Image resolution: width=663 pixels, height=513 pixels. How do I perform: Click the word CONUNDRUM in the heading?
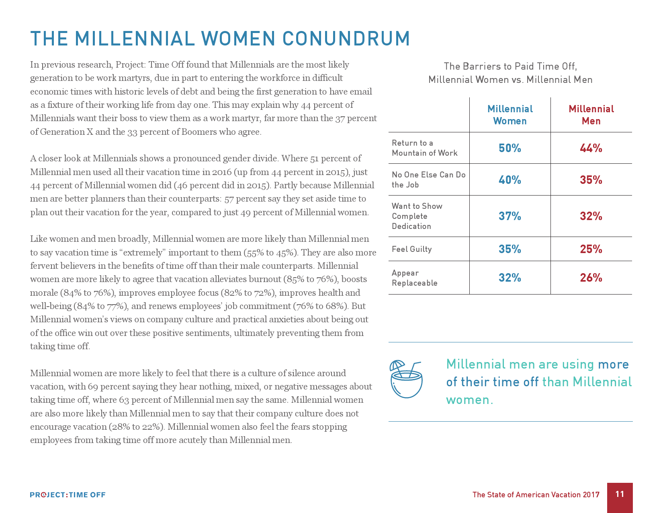pos(346,39)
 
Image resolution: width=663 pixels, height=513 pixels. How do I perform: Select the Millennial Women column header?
pos(510,115)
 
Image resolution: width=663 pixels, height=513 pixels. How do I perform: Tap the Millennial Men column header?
pos(591,115)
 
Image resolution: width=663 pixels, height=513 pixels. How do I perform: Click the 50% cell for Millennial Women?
pos(510,148)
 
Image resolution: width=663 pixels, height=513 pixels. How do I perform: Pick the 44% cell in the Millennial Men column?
pos(591,148)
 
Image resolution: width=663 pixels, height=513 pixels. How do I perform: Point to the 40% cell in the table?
pos(510,180)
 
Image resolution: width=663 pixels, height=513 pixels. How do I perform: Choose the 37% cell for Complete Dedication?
pos(510,216)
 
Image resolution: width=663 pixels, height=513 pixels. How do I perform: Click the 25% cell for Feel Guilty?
pos(591,249)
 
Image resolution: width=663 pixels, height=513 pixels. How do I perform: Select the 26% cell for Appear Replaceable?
pos(591,278)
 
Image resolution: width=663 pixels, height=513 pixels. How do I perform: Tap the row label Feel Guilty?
pos(412,249)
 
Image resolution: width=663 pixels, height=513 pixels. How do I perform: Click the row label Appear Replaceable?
pos(414,278)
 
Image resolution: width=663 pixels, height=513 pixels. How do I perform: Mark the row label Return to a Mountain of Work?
pos(424,148)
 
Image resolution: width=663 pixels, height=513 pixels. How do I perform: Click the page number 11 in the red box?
pos(620,494)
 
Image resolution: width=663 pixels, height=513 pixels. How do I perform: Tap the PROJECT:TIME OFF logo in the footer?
pos(68,495)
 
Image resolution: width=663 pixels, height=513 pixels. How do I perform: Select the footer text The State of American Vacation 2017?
pos(536,495)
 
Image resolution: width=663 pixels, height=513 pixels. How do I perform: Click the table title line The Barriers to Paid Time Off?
pos(510,66)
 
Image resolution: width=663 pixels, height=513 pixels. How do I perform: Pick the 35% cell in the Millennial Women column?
pos(510,249)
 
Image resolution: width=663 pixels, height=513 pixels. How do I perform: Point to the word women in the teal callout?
pos(469,400)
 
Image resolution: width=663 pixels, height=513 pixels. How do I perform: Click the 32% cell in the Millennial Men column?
pos(591,216)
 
